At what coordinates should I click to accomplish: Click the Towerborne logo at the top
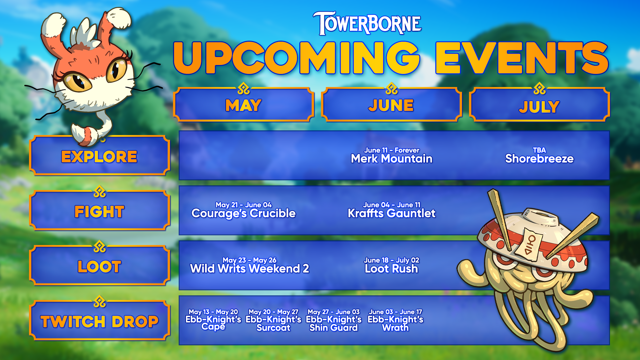[x=367, y=23]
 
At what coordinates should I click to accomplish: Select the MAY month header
[x=243, y=105]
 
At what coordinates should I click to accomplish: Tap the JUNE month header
[x=391, y=105]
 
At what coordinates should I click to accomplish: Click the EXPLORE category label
[x=99, y=156]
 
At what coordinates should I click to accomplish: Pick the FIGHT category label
[x=99, y=211]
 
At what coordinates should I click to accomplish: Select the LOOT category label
[x=99, y=266]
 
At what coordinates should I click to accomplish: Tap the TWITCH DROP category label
[x=99, y=321]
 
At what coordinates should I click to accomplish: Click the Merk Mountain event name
[x=392, y=159]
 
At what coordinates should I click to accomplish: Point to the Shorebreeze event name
[x=539, y=159]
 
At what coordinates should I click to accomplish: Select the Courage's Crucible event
[x=243, y=213]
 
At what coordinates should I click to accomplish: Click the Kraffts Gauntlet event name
[x=392, y=213]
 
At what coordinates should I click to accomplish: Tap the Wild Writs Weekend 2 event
[x=250, y=269]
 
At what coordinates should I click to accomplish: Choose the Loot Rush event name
[x=391, y=269]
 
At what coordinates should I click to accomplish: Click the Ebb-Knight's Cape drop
[x=213, y=323]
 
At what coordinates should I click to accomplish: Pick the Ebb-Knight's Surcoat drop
[x=273, y=323]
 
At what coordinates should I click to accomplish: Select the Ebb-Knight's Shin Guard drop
[x=334, y=323]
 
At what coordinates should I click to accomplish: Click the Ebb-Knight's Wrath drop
[x=395, y=323]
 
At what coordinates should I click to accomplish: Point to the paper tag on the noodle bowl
[x=529, y=244]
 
